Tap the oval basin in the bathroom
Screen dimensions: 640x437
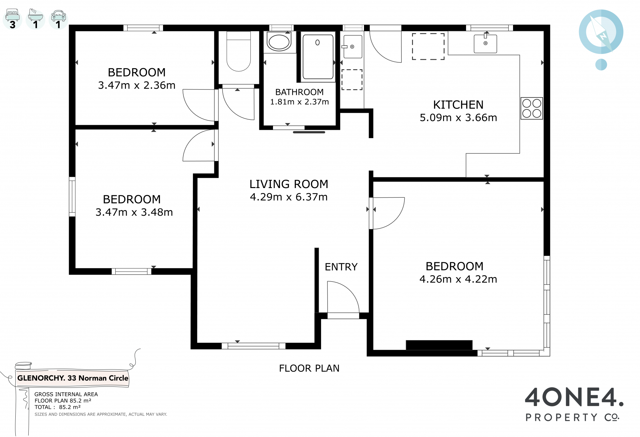pyautogui.click(x=279, y=42)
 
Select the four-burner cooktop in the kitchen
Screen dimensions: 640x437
pyautogui.click(x=532, y=109)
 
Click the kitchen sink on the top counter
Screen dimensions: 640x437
pyautogui.click(x=485, y=43)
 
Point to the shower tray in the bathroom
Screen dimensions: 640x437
pyautogui.click(x=318, y=57)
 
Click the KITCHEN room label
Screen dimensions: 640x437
pyautogui.click(x=458, y=105)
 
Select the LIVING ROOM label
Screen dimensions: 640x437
pyautogui.click(x=289, y=184)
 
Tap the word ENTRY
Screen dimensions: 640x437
pyautogui.click(x=341, y=267)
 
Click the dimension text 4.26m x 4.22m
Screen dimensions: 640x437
pyautogui.click(x=458, y=279)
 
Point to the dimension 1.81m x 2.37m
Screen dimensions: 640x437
pyautogui.click(x=299, y=102)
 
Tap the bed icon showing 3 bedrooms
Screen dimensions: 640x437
pyautogui.click(x=13, y=19)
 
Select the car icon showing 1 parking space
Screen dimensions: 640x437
pyautogui.click(x=58, y=19)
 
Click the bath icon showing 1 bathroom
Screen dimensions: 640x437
pyautogui.click(x=35, y=19)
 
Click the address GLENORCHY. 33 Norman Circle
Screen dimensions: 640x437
pyautogui.click(x=73, y=378)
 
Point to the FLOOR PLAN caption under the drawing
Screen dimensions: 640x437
pyautogui.click(x=309, y=368)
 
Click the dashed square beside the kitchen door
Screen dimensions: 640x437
pyautogui.click(x=428, y=47)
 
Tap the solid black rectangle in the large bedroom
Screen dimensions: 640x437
pyautogui.click(x=439, y=345)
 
